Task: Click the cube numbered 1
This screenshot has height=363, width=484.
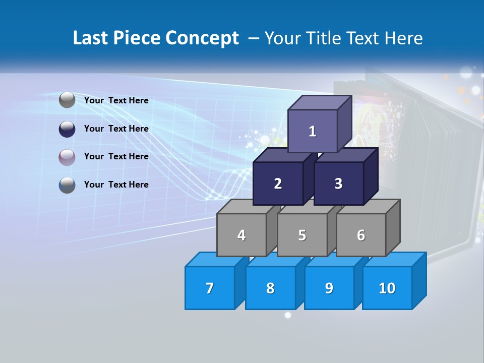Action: pyautogui.click(x=313, y=131)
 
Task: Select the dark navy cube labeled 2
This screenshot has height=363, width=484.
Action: pyautogui.click(x=278, y=184)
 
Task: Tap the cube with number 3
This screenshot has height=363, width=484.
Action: pyautogui.click(x=338, y=184)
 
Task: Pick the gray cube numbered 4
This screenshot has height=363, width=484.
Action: pyautogui.click(x=241, y=235)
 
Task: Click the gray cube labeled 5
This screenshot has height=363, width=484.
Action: pyautogui.click(x=302, y=235)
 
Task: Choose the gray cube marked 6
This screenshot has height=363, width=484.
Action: pyautogui.click(x=361, y=235)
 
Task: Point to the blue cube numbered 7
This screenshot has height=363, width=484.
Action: pyautogui.click(x=210, y=288)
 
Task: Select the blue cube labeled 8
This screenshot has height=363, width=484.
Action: pyautogui.click(x=270, y=288)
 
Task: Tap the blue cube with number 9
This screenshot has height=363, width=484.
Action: pyautogui.click(x=329, y=288)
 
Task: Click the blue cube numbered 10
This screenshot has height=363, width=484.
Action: pyautogui.click(x=387, y=288)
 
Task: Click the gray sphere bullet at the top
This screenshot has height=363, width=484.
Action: pyautogui.click(x=67, y=100)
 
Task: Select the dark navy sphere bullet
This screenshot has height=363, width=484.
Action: pyautogui.click(x=67, y=129)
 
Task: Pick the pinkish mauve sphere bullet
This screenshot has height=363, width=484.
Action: pyautogui.click(x=67, y=157)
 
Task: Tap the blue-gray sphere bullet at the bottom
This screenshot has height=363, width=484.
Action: pyautogui.click(x=67, y=185)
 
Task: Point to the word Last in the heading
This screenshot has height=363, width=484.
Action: pyautogui.click(x=91, y=38)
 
